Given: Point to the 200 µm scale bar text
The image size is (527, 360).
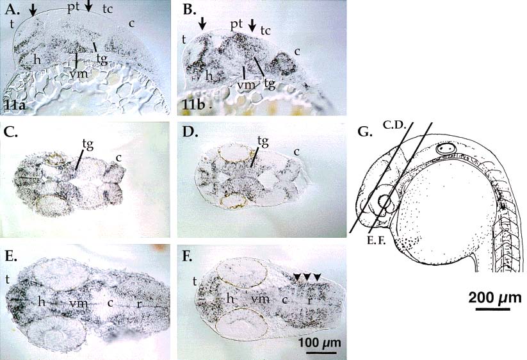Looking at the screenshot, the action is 495,297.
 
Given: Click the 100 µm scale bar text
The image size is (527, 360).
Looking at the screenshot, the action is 320,343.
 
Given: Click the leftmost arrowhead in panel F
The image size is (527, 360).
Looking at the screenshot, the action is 298,276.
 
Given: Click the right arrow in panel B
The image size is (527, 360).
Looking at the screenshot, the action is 252,24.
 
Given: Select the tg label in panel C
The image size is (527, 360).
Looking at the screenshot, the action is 86,145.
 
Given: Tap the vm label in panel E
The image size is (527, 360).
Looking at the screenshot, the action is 78,303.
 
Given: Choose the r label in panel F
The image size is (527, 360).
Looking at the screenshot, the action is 309,300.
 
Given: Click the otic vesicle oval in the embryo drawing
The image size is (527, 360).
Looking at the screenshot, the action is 445,148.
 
